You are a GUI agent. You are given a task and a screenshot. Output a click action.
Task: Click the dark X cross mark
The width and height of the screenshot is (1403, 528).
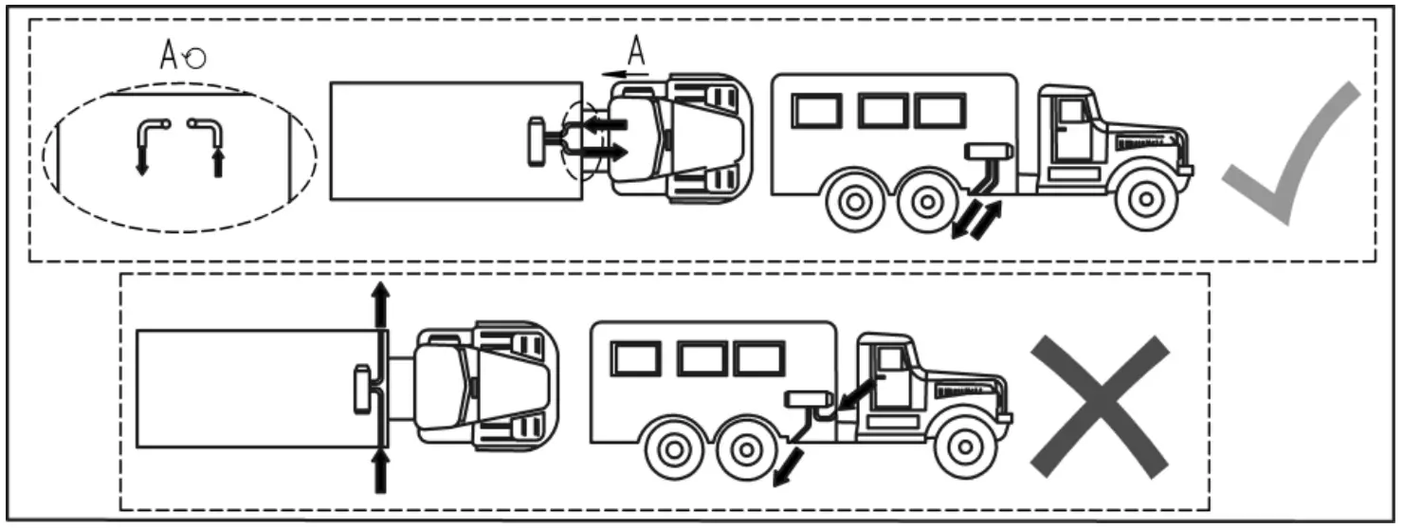point(1100,406)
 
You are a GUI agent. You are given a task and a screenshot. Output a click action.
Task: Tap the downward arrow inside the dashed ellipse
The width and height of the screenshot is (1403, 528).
point(142,156)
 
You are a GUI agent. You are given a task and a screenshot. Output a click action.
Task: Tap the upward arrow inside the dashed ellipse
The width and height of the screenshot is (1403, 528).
point(218,159)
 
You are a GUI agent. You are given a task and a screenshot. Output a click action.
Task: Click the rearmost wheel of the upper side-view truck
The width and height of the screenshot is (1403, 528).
point(854,202)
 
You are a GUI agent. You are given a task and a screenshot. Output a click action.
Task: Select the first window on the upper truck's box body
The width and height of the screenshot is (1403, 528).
point(816,111)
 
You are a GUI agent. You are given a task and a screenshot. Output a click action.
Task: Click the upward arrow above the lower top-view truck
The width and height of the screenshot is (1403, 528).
point(380,305)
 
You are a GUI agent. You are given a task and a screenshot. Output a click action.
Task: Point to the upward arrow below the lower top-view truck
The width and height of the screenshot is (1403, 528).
point(380,471)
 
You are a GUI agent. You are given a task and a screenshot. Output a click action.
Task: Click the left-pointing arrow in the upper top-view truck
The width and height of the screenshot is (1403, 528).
point(604,124)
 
